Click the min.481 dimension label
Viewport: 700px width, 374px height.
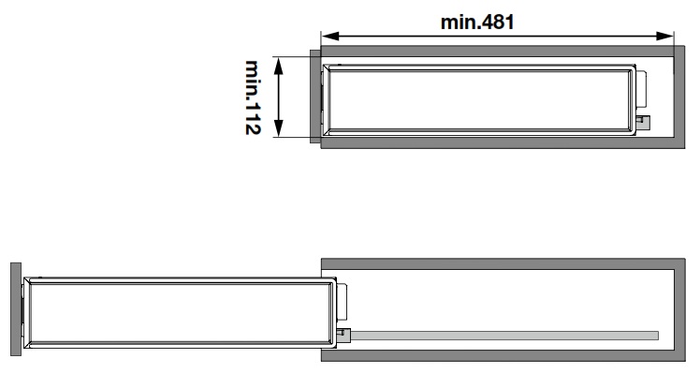pyautogui.click(x=477, y=22)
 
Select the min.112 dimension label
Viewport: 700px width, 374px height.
pyautogui.click(x=253, y=97)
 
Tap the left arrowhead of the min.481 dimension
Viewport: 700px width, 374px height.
pyautogui.click(x=330, y=37)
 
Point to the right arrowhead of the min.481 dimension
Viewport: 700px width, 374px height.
pyautogui.click(x=664, y=37)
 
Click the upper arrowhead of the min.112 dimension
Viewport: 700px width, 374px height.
pyautogui.click(x=278, y=67)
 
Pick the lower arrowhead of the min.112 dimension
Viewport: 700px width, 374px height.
pyautogui.click(x=278, y=127)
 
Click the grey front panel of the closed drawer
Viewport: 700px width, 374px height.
pyautogui.click(x=315, y=97)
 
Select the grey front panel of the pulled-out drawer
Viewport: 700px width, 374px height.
pyautogui.click(x=16, y=309)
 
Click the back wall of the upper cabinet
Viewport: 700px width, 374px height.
pyautogui.click(x=679, y=97)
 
